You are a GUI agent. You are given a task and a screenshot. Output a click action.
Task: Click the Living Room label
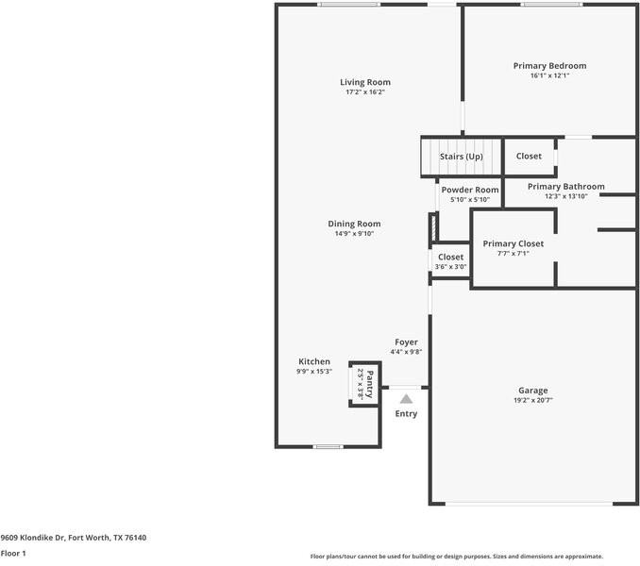(x=365, y=82)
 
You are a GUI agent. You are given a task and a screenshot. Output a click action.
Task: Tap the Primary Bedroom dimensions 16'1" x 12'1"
(x=549, y=75)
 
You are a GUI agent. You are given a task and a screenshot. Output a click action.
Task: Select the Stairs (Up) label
(x=462, y=157)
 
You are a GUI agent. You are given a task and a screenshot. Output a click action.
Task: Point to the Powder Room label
(x=470, y=190)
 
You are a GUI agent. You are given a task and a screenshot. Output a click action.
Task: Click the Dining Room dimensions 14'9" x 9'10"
(x=354, y=234)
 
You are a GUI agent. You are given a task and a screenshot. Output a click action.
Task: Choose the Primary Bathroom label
(x=566, y=187)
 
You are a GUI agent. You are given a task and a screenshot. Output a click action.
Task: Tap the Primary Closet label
(x=514, y=244)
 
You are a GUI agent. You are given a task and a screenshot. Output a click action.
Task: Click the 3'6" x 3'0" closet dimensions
(x=450, y=267)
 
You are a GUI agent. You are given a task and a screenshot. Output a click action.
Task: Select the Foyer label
(x=406, y=342)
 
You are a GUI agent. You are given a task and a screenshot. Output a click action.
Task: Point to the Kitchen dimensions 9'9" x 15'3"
(x=314, y=372)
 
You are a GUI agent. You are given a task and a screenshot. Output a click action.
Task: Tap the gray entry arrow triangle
(x=406, y=399)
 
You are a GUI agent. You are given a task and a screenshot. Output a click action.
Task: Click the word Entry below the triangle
(x=406, y=414)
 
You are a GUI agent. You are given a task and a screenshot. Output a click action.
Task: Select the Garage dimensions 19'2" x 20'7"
(x=533, y=400)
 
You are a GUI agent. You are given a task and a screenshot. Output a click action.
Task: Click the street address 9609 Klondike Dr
(x=33, y=538)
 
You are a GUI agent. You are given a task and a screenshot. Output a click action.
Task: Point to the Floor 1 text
(x=13, y=554)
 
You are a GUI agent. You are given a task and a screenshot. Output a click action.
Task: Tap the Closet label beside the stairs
(x=529, y=157)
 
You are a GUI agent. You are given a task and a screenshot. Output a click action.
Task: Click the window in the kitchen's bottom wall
(x=328, y=447)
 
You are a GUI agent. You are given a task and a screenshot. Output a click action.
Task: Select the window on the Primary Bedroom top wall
(x=552, y=5)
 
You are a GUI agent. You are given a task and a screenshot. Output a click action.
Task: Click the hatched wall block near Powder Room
(x=434, y=227)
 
